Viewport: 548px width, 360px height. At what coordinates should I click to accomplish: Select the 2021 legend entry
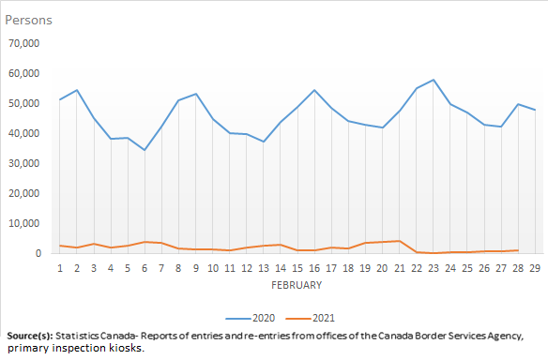pos(316,317)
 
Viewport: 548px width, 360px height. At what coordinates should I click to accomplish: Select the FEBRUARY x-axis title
pos(297,285)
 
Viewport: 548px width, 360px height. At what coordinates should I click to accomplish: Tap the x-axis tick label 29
pos(534,268)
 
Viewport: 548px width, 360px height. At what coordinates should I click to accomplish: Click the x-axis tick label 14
pos(280,268)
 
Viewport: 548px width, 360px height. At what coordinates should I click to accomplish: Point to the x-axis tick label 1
pos(60,268)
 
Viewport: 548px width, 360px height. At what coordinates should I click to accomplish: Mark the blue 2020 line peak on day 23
pos(433,80)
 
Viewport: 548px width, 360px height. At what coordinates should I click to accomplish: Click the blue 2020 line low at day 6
pos(145,150)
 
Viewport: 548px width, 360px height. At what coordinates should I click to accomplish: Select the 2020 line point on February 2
pos(77,90)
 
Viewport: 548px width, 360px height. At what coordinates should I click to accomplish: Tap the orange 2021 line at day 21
pos(399,241)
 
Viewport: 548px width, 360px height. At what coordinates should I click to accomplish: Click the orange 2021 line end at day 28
pos(517,250)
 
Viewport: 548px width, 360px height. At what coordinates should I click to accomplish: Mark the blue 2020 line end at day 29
pos(534,110)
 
